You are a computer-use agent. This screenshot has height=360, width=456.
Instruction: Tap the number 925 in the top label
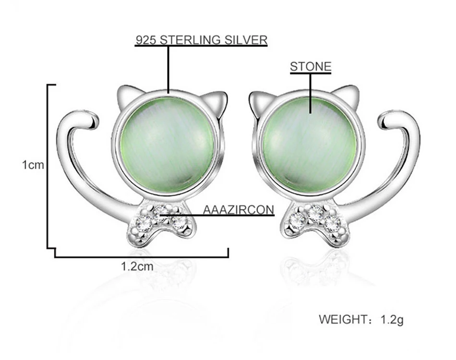pos(146,40)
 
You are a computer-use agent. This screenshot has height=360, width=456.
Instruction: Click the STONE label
pos(311,67)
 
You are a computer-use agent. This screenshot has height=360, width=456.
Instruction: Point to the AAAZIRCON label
pos(239,210)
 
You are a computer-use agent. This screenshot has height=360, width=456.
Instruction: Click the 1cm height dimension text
pos(33,165)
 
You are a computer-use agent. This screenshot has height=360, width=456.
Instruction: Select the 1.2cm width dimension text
pos(137,266)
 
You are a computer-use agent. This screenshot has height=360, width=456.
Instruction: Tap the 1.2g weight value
pos(392,319)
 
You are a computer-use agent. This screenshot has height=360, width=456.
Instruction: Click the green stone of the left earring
pos(167,145)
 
